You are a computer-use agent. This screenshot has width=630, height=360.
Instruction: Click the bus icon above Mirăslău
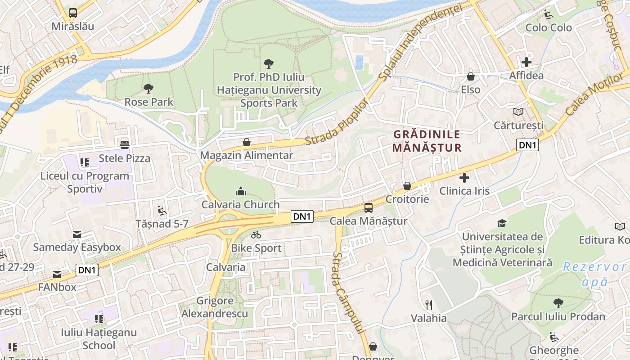click(73, 13)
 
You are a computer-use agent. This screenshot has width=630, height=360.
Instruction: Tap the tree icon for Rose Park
click(148, 89)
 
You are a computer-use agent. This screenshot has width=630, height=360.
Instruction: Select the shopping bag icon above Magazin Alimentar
click(247, 142)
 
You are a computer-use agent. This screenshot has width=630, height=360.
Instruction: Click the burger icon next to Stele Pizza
click(125, 144)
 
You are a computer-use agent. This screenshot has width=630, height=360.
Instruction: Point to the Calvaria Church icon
click(241, 191)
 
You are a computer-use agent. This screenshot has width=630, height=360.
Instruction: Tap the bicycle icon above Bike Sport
click(256, 235)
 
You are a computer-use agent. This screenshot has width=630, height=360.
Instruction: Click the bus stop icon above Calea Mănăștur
click(369, 208)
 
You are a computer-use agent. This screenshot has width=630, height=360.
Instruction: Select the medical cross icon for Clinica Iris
click(464, 178)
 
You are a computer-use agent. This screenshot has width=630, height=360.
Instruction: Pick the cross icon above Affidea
click(526, 62)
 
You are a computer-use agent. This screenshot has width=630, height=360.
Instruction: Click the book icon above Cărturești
click(518, 112)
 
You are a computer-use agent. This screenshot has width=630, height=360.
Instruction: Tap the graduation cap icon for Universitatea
click(502, 223)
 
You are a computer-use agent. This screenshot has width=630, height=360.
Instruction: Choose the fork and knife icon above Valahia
click(429, 305)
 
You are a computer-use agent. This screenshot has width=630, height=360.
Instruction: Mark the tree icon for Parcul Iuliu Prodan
click(558, 303)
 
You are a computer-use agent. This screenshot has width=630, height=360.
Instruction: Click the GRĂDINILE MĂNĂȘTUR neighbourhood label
click(427, 141)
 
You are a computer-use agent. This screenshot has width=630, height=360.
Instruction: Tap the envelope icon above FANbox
click(57, 274)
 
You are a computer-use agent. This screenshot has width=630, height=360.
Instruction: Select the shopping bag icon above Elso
click(471, 76)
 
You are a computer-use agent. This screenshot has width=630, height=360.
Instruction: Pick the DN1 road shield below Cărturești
click(527, 145)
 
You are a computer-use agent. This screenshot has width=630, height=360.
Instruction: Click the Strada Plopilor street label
click(337, 122)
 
